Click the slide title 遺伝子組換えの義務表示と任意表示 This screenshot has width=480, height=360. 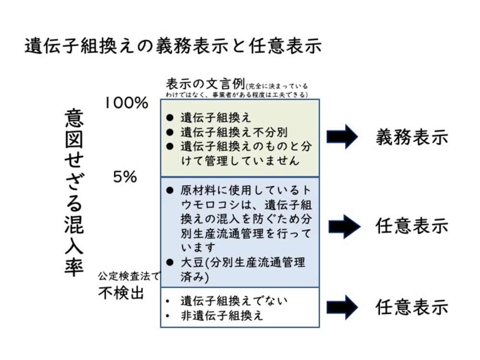tap(173, 47)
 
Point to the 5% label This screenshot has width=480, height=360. tap(125, 177)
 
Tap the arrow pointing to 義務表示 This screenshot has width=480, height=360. tap(342, 137)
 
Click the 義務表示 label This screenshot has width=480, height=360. tap(411, 138)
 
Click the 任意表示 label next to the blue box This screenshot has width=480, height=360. tap(411, 226)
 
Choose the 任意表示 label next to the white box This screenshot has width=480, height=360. tap(411, 307)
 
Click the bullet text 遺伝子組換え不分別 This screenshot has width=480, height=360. tap(234, 132)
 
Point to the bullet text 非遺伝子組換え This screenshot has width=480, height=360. tap(222, 316)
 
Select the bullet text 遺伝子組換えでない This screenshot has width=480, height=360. tap(234, 301)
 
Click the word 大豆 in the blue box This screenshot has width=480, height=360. tap(191, 263)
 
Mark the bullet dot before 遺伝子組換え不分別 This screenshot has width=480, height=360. tap(169, 132)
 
